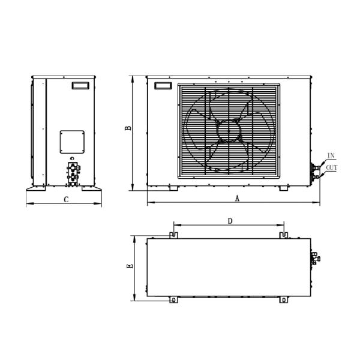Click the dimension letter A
tap(237, 199)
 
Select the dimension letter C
tap(66, 200)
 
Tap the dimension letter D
tap(230, 221)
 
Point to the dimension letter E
tap(130, 266)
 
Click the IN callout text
tap(331, 156)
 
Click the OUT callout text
tap(332, 168)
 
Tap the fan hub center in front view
tap(229, 131)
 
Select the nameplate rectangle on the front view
tap(163, 86)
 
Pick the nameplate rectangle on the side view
tap(80, 85)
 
